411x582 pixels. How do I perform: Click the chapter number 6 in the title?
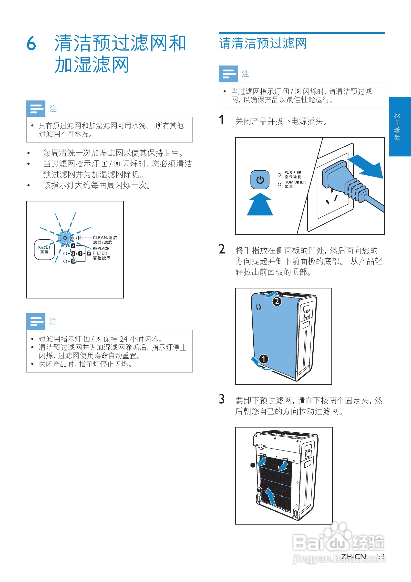(x=31, y=43)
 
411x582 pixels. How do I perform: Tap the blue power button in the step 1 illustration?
(x=260, y=180)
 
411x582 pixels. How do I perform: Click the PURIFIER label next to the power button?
(x=293, y=172)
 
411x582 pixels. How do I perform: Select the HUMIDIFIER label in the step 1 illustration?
(x=295, y=182)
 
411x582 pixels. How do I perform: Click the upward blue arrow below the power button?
(x=260, y=205)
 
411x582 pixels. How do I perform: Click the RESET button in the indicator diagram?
(x=44, y=249)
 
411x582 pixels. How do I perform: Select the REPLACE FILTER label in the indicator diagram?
(x=101, y=251)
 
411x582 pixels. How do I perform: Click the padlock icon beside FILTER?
(x=89, y=253)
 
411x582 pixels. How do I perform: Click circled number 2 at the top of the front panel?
(x=277, y=301)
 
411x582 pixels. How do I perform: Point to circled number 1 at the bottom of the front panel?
(x=263, y=359)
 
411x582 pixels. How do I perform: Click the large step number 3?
(x=221, y=399)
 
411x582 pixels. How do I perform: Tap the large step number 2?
(x=221, y=249)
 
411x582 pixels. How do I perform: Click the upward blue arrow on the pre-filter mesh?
(x=270, y=496)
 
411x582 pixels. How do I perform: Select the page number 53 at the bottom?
(x=380, y=556)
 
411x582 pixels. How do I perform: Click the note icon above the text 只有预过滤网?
(x=36, y=109)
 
